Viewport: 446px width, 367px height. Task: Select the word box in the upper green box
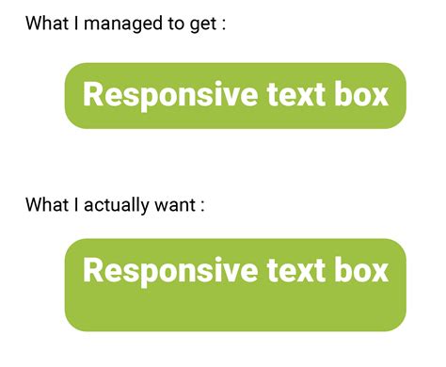[361, 95]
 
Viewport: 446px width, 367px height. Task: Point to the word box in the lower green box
[361, 271]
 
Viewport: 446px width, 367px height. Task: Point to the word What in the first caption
[46, 24]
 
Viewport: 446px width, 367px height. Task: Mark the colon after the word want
[201, 205]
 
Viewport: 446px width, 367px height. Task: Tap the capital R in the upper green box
[92, 95]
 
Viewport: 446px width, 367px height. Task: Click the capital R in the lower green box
[92, 271]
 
